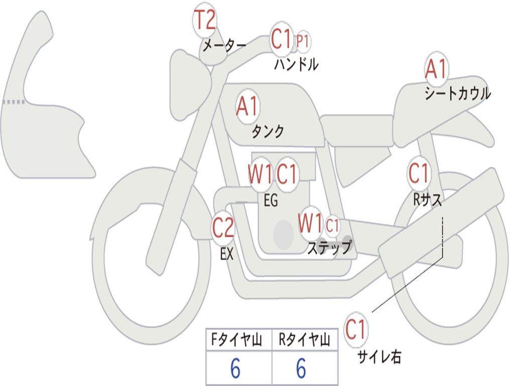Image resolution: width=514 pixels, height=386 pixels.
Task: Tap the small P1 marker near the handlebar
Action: tap(302, 42)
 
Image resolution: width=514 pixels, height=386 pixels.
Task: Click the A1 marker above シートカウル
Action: tap(436, 69)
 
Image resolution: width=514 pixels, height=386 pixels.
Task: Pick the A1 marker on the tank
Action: tap(247, 107)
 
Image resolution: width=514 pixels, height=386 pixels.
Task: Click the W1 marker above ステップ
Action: tap(310, 223)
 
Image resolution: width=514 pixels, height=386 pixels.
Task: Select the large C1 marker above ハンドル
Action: tap(281, 39)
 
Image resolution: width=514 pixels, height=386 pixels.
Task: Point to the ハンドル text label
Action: tap(296, 65)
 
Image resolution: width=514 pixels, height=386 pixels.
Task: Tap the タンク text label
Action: tap(268, 132)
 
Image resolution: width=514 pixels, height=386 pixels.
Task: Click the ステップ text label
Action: tap(329, 248)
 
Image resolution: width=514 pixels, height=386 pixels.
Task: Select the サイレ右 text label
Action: tap(379, 357)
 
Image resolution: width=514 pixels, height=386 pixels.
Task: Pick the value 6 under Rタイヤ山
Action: tap(301, 369)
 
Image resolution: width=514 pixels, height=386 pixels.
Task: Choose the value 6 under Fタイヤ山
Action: tap(235, 369)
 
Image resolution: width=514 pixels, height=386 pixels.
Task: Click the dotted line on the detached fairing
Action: tap(14, 102)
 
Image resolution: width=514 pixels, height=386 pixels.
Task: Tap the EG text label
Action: tap(271, 201)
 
